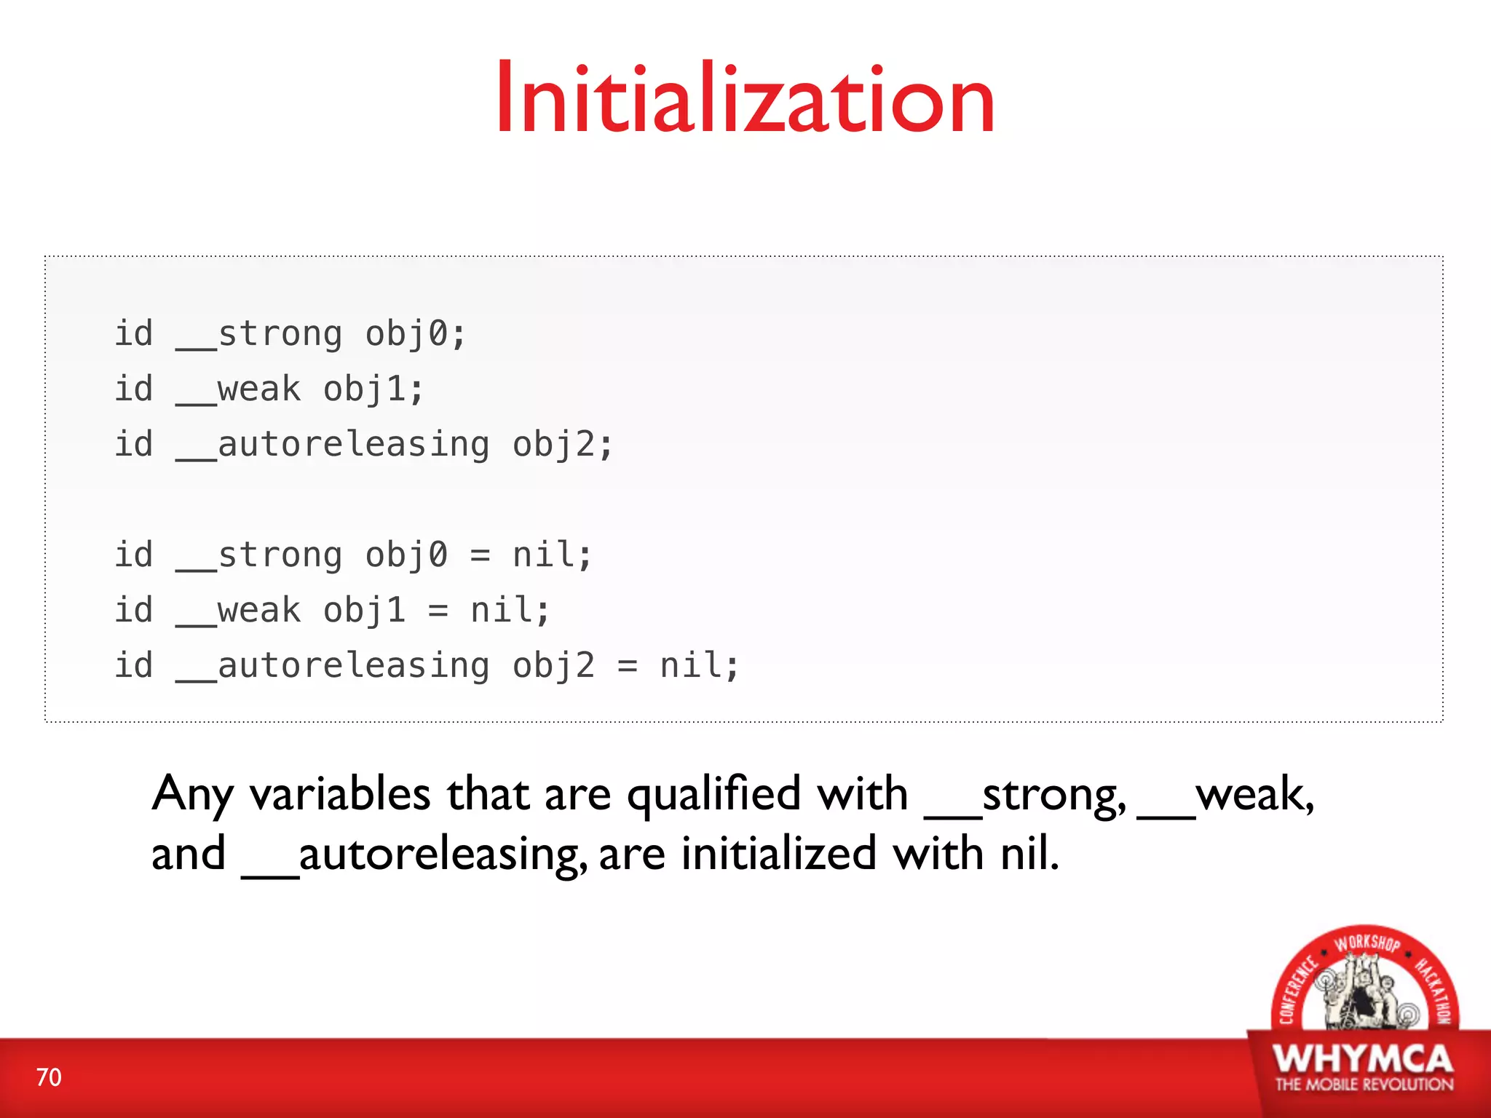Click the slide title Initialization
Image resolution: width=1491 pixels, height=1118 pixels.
[x=745, y=98]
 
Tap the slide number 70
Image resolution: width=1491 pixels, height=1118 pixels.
[x=49, y=1077]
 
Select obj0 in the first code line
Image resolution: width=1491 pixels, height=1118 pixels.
[x=406, y=334]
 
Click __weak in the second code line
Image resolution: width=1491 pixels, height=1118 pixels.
[x=238, y=389]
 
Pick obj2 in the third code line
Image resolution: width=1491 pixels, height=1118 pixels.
[x=553, y=445]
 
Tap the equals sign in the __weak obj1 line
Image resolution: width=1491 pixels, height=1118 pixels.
[x=438, y=611]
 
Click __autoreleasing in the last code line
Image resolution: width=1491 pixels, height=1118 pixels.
[x=333, y=666]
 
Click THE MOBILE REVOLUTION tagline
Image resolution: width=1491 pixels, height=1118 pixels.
[x=1364, y=1085]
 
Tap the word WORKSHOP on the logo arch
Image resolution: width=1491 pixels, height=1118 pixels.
[x=1367, y=943]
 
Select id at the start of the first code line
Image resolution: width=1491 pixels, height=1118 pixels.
[x=134, y=334]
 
